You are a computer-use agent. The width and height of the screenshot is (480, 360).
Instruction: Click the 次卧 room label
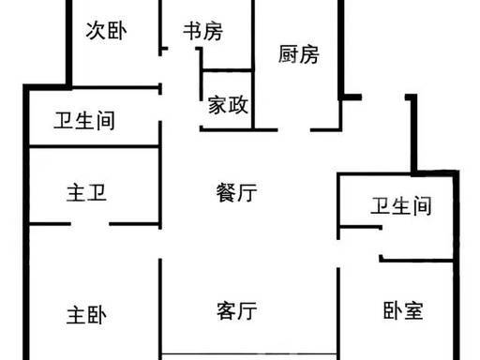pyautogui.click(x=106, y=31)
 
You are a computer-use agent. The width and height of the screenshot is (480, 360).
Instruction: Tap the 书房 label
pyautogui.click(x=203, y=31)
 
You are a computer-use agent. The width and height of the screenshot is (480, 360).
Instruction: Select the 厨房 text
pyautogui.click(x=299, y=54)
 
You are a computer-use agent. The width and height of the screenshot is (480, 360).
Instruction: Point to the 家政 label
pyautogui.click(x=228, y=105)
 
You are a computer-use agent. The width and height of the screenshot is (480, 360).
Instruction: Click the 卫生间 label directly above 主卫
pyautogui.click(x=84, y=121)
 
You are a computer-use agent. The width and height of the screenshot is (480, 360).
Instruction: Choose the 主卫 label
pyautogui.click(x=86, y=192)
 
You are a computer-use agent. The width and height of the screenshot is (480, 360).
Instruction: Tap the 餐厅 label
pyautogui.click(x=237, y=192)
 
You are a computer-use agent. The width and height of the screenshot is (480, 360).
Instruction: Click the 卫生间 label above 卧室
pyautogui.click(x=401, y=206)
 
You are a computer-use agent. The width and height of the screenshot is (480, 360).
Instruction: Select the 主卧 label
pyautogui.click(x=86, y=315)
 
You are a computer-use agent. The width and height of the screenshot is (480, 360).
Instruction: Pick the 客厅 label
pyautogui.click(x=237, y=310)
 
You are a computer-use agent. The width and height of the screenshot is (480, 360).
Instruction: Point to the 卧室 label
pyautogui.click(x=403, y=310)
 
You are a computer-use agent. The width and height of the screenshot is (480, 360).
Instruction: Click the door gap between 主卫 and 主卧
pyautogui.click(x=90, y=224)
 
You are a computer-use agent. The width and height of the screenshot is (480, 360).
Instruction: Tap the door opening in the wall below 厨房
pyautogui.click(x=293, y=129)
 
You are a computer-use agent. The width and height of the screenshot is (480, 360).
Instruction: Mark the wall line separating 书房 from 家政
pyautogui.click(x=227, y=70)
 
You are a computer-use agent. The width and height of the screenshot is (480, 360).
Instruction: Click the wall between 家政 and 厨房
pyautogui.click(x=253, y=99)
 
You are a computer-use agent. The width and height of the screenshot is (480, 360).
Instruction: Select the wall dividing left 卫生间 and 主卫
pyautogui.click(x=94, y=146)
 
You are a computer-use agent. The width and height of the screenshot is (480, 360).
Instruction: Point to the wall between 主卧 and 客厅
pyautogui.click(x=160, y=308)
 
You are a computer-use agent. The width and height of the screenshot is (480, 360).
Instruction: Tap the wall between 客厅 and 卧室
pyautogui.click(x=337, y=313)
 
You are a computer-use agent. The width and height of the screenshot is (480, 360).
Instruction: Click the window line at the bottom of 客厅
pyautogui.click(x=249, y=354)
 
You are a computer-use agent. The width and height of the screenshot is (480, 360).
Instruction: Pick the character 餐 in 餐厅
pyautogui.click(x=226, y=192)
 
